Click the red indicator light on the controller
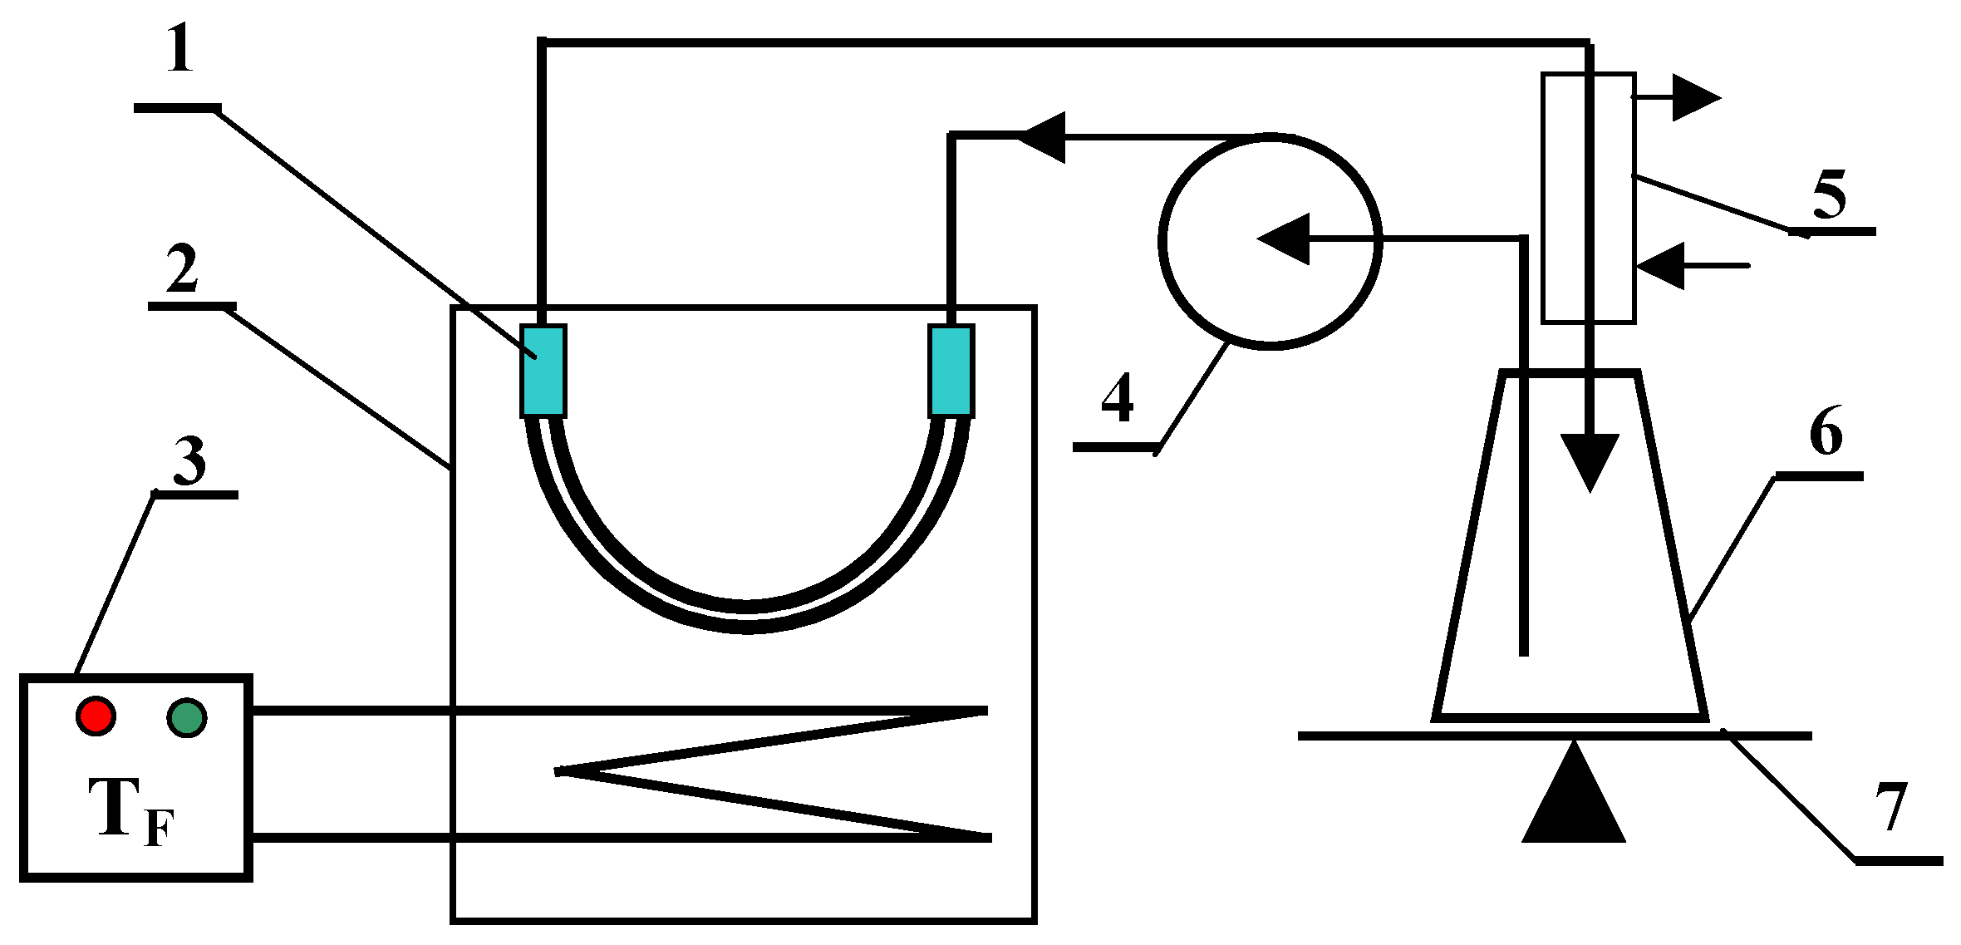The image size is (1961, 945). coord(96,716)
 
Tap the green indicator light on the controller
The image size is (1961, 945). coord(186,717)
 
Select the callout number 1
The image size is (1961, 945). coord(179,50)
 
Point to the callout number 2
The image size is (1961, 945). coord(182,269)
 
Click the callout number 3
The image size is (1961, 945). coord(189,460)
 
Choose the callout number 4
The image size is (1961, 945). coord(1118,399)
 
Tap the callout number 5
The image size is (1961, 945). coord(1829,196)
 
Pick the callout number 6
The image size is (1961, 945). coord(1826,432)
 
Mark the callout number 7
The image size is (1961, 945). coord(1891,807)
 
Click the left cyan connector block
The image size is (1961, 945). coord(543,371)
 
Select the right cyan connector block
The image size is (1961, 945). coord(951,371)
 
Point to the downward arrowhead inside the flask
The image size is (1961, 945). coord(1590,461)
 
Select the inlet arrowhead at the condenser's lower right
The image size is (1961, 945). coord(1662,266)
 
